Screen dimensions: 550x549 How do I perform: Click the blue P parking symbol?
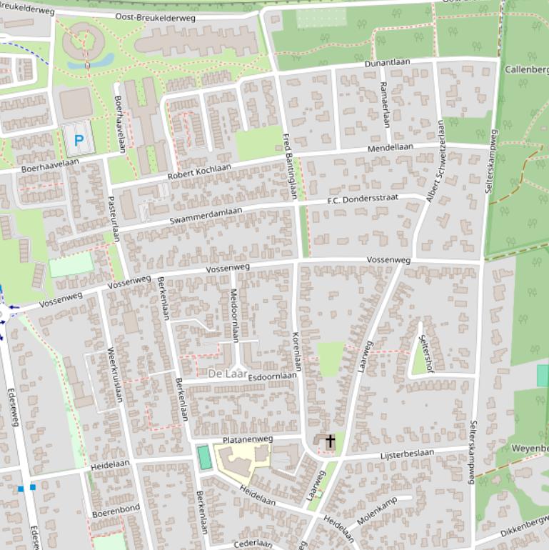(x=79, y=141)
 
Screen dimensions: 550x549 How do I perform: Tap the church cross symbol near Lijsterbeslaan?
(x=330, y=441)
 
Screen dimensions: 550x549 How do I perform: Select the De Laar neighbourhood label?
(x=227, y=374)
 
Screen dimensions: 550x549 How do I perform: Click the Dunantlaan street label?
(x=387, y=63)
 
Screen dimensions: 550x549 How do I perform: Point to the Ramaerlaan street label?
(x=385, y=104)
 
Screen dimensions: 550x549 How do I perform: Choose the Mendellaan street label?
(x=390, y=148)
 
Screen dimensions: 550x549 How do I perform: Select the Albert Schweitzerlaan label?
(x=435, y=161)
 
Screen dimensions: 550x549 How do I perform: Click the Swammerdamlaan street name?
(x=206, y=216)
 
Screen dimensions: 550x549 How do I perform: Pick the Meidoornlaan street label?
(x=233, y=315)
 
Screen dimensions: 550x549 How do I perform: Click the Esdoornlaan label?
(x=273, y=375)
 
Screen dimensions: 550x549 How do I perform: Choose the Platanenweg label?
(x=248, y=439)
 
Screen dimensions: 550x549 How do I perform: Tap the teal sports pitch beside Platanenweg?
(x=205, y=457)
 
